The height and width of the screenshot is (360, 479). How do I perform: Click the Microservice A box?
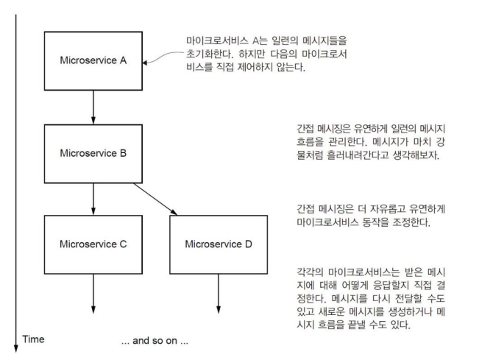coord(96,60)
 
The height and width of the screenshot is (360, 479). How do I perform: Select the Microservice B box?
coord(96,154)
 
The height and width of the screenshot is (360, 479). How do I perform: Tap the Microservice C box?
coord(96,243)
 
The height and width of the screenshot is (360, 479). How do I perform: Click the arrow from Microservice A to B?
coord(96,107)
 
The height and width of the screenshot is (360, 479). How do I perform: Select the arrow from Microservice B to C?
coord(96,197)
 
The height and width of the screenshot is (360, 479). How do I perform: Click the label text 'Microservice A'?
coord(96,60)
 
